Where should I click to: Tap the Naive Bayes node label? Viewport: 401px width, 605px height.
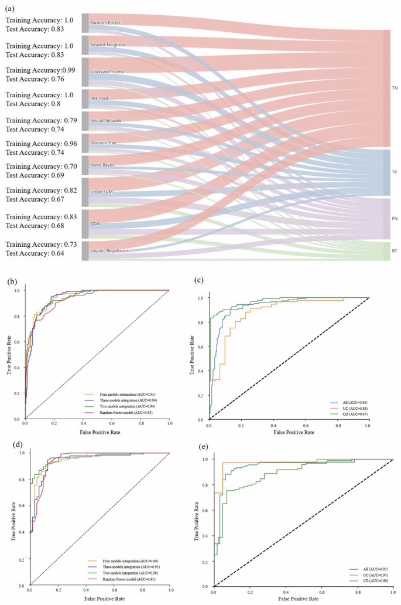tap(102, 165)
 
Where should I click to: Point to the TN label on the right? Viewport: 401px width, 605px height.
tap(395, 88)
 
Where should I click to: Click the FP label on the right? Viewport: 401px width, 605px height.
tap(395, 250)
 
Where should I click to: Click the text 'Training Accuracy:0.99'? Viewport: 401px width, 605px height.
tap(41, 70)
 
